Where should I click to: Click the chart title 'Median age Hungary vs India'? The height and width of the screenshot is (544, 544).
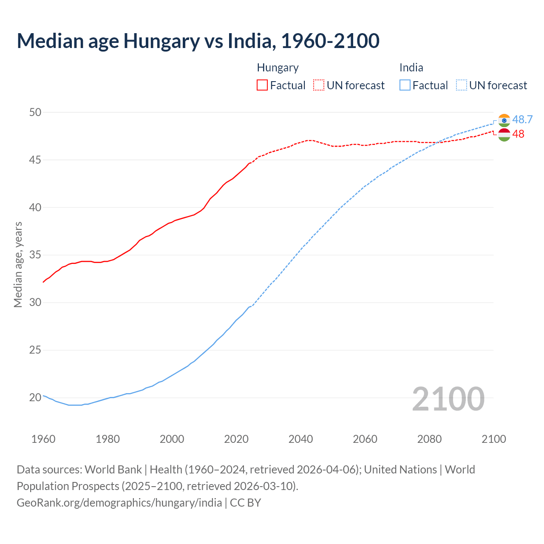(x=198, y=41)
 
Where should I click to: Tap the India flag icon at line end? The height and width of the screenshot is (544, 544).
(x=504, y=120)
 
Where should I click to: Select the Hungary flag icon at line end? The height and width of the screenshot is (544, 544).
(x=504, y=135)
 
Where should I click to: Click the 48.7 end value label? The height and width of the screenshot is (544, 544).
(x=522, y=119)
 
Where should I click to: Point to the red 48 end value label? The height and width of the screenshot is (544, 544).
(x=518, y=134)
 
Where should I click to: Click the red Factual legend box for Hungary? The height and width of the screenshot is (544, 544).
(x=262, y=85)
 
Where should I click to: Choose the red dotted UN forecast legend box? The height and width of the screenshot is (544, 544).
(x=319, y=85)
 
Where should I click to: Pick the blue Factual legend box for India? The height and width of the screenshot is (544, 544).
(x=405, y=85)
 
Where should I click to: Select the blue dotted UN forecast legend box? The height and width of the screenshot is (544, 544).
(x=462, y=85)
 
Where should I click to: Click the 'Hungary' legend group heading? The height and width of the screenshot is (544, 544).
(x=278, y=68)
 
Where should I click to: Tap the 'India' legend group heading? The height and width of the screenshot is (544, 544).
(x=411, y=68)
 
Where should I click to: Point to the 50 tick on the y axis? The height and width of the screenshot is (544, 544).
(x=35, y=112)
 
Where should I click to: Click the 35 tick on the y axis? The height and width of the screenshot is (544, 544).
(x=35, y=255)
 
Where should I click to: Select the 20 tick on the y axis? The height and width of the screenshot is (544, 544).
(x=35, y=398)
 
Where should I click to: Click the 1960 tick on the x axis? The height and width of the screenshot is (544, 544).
(x=43, y=439)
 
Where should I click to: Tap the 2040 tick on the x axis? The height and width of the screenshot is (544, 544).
(x=300, y=439)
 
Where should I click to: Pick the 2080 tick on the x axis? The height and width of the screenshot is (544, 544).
(x=429, y=439)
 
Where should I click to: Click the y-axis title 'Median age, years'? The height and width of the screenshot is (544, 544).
(x=18, y=264)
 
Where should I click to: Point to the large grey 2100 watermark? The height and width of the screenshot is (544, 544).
(x=448, y=399)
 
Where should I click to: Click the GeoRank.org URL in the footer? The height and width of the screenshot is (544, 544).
(x=119, y=503)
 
